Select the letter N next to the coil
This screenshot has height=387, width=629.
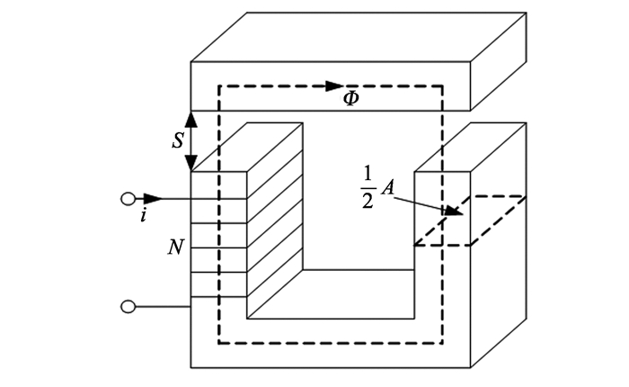coord(177,245)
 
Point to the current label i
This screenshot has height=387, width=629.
coord(143,217)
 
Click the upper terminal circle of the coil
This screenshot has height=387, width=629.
coord(128,199)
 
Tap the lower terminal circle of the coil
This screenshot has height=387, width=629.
coord(128,308)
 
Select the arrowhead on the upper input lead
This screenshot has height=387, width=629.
coord(154,199)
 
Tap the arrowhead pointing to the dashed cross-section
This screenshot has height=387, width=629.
coord(456,213)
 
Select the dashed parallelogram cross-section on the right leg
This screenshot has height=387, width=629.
coord(469,220)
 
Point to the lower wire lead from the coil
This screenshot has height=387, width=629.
coord(162,308)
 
